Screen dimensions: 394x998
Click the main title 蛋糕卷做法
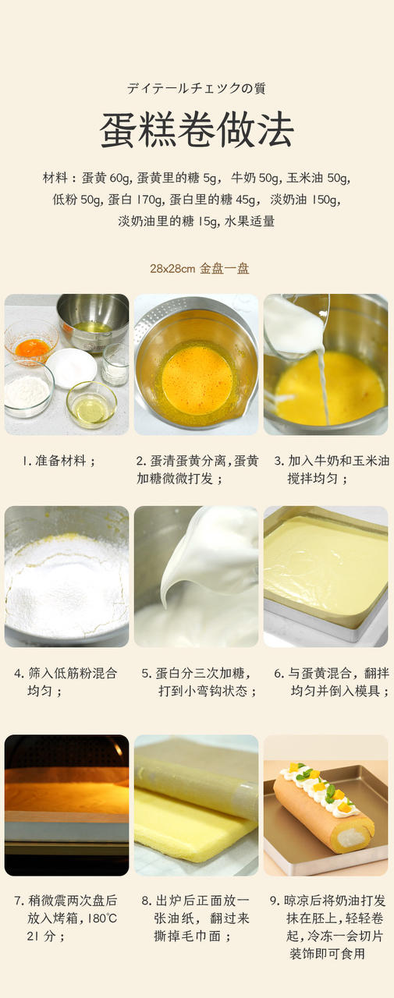(x=197, y=129)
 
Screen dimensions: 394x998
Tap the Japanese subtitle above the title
(x=197, y=88)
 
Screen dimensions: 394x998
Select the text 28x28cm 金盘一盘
(x=199, y=268)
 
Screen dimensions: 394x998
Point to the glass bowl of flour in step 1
(x=29, y=391)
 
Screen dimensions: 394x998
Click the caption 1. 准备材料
(x=59, y=460)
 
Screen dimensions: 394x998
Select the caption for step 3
(x=332, y=469)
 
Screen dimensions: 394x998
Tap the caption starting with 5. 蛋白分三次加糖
(x=199, y=681)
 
